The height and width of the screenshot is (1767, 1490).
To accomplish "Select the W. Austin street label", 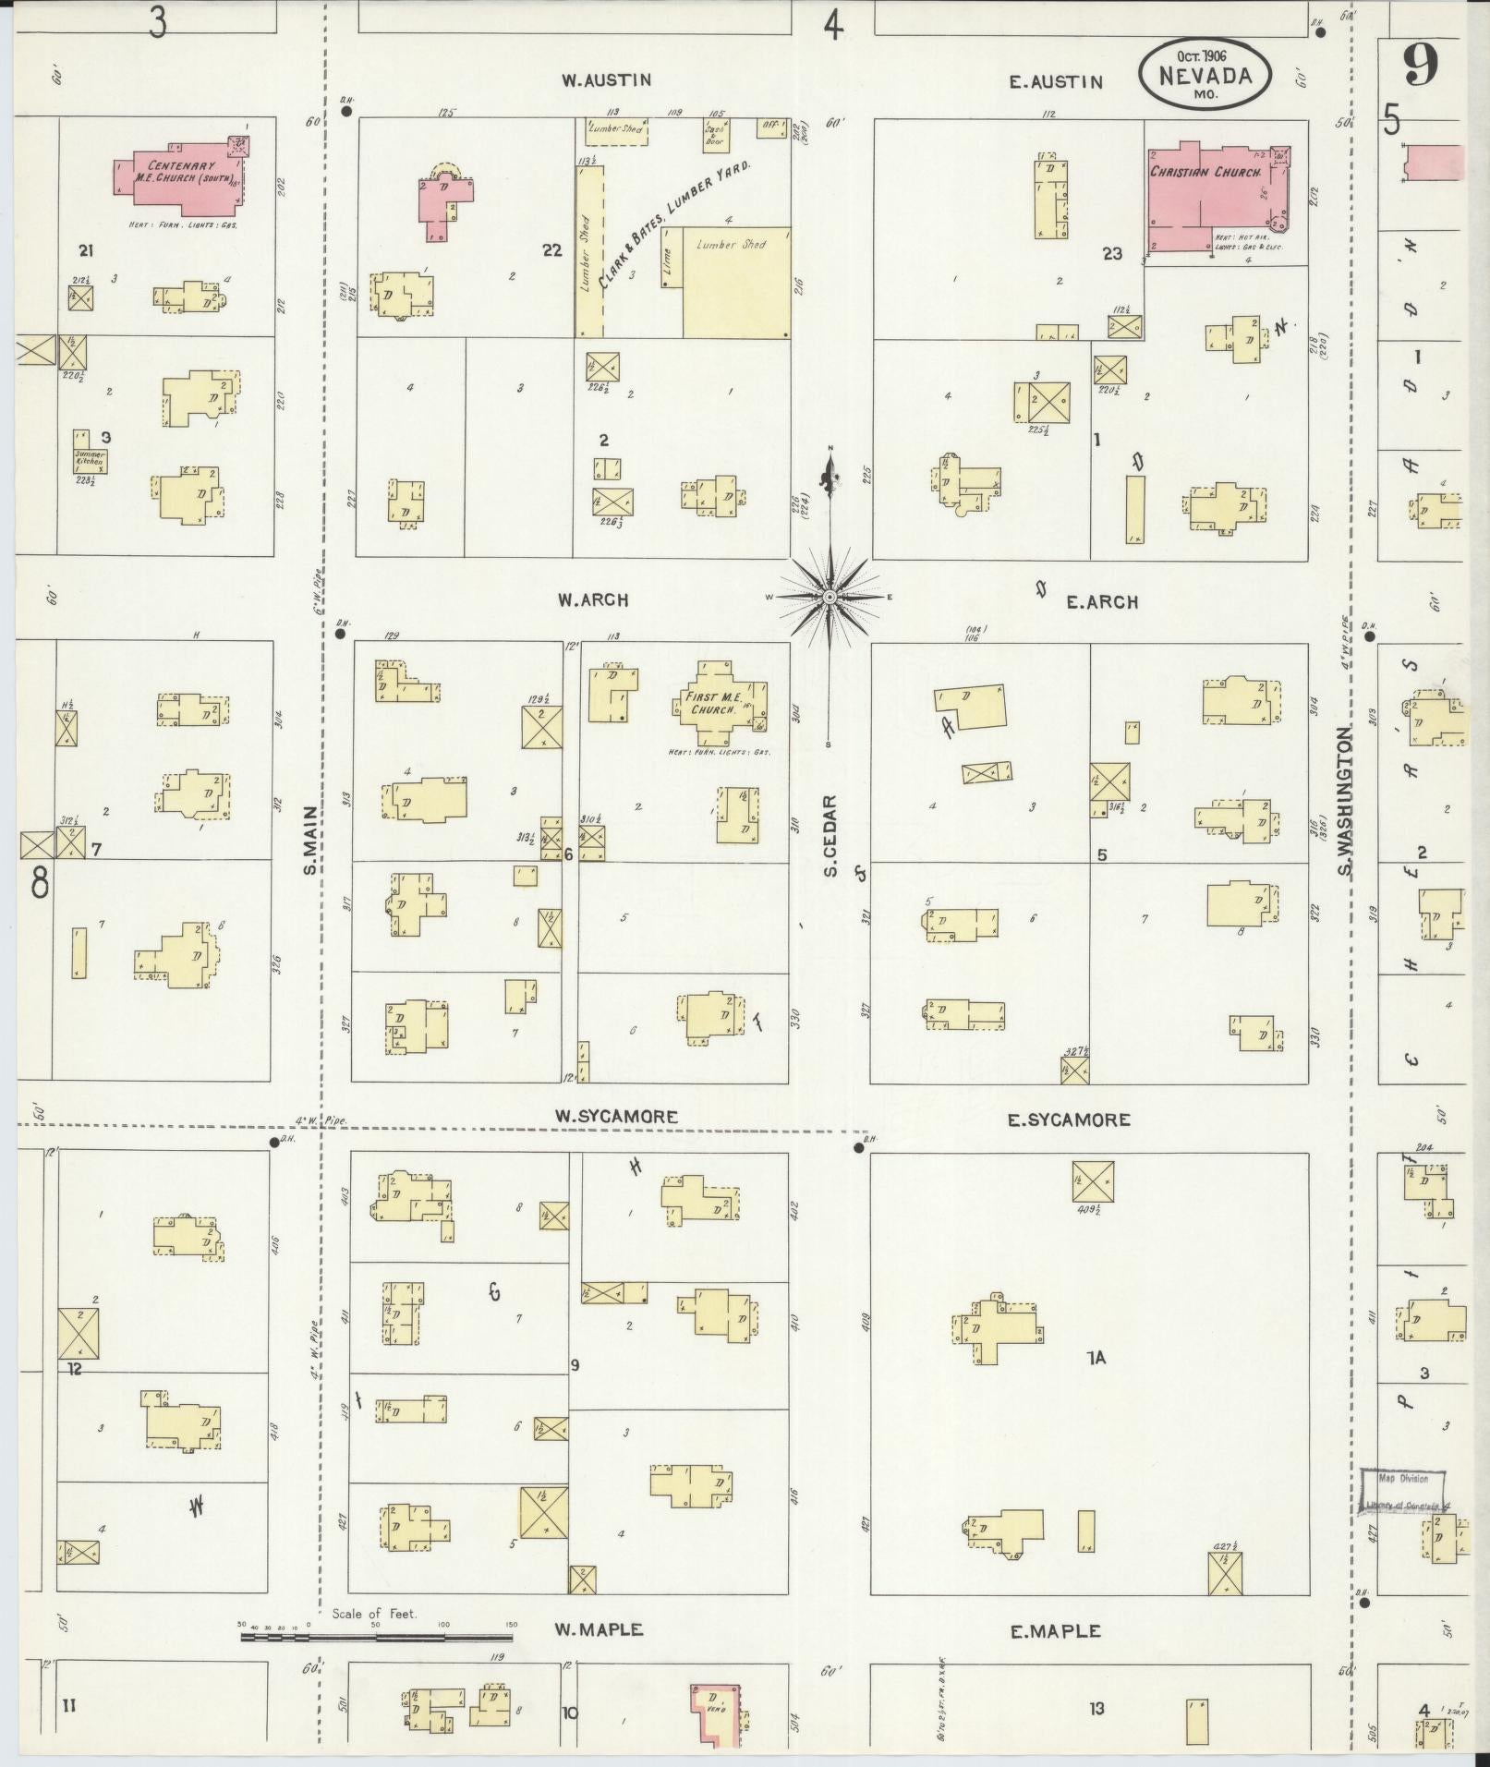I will tap(606, 80).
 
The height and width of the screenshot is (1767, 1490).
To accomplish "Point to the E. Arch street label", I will tap(1102, 602).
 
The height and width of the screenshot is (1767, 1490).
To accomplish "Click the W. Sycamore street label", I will tap(616, 1117).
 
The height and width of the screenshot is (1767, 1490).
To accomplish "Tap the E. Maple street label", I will tap(1055, 1631).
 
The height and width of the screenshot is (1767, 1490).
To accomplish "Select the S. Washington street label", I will tap(1345, 801).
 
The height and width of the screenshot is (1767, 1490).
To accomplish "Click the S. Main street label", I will tap(311, 839).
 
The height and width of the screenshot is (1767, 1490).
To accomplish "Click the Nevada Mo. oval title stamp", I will tap(1204, 74).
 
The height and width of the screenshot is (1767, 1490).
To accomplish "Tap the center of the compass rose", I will tap(830, 598).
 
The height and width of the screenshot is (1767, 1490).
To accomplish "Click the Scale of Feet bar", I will tap(379, 1637).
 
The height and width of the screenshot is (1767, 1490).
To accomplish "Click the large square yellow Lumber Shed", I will tap(736, 282).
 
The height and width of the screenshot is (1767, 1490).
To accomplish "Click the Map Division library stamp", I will tap(1403, 1493).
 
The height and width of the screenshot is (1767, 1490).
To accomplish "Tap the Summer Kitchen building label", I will tap(91, 458).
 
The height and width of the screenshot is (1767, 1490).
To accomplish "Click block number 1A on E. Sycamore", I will tap(1096, 1358).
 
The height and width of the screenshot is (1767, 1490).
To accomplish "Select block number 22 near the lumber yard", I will tap(551, 250).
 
